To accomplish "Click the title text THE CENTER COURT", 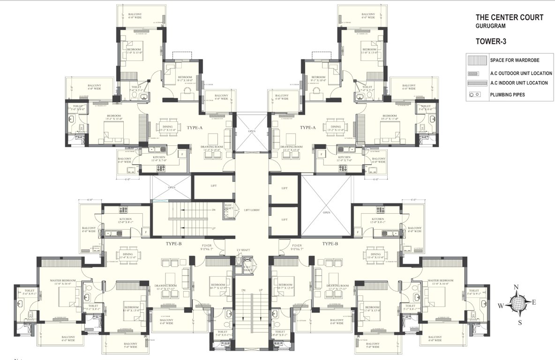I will [x=510, y=18].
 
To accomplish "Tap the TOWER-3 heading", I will [x=491, y=41].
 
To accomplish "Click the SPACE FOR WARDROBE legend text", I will [x=514, y=60].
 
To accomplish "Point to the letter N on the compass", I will [x=516, y=287].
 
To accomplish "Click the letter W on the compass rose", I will [x=501, y=306].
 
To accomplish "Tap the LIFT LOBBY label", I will [x=251, y=210].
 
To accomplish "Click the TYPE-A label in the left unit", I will [x=194, y=127].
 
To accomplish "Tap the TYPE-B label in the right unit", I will [x=330, y=244].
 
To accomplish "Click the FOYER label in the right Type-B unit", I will [x=296, y=246].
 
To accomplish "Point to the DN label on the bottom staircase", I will [x=244, y=291].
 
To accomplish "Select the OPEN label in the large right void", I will [x=326, y=212].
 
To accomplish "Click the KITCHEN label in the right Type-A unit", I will [x=345, y=157].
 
